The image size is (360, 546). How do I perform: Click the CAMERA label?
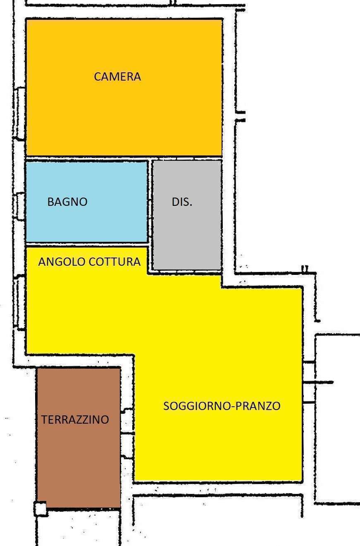(117, 76)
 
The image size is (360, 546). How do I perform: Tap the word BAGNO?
(67, 202)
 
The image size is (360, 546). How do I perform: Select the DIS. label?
(182, 202)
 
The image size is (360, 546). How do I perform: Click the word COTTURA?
(114, 262)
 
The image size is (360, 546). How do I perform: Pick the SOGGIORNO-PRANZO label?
(222, 406)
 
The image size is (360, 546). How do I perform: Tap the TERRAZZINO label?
(75, 420)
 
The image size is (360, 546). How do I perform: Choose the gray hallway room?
(187, 234)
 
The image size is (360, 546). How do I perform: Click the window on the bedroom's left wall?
(19, 113)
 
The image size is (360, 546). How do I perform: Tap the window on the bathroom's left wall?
(19, 206)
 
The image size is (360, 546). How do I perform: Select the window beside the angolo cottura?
(19, 303)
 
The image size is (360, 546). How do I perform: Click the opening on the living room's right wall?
(309, 382)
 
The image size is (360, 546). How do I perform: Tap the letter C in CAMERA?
(97, 76)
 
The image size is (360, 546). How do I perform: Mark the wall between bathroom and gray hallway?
(150, 202)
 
